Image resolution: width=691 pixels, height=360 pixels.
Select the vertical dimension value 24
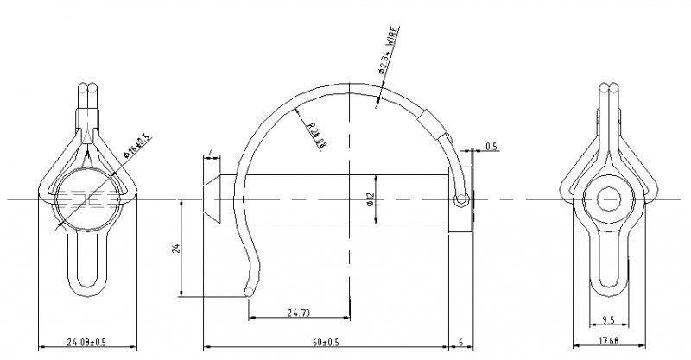coord(175,248)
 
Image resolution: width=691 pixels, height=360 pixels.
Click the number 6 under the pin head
coord(461,343)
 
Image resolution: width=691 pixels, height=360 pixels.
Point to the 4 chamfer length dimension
coord(210,155)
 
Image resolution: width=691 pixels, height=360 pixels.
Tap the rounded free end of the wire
coord(250,292)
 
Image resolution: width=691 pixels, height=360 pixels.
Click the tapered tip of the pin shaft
coord(211,199)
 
